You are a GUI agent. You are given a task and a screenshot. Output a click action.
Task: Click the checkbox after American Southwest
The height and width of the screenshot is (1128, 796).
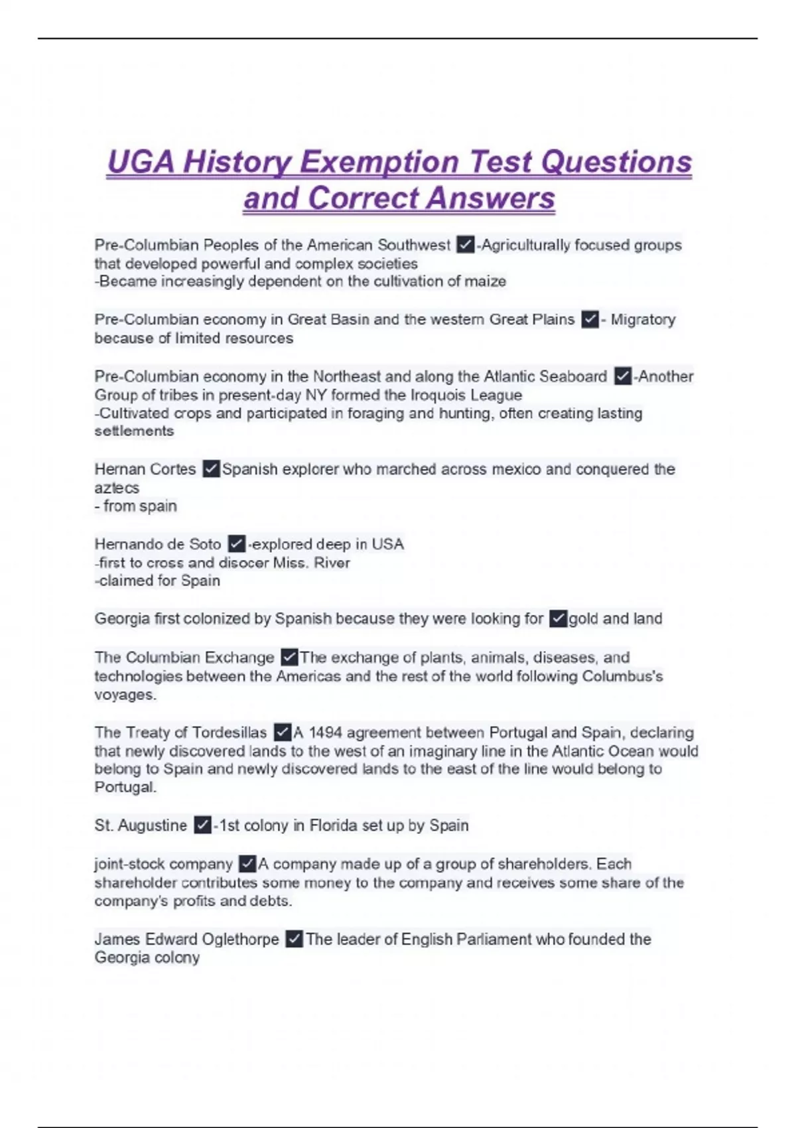[x=465, y=245]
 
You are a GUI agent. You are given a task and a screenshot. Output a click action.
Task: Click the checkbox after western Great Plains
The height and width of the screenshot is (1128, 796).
[x=590, y=320]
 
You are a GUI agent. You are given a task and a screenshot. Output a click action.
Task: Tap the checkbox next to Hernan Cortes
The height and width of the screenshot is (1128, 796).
[x=211, y=469]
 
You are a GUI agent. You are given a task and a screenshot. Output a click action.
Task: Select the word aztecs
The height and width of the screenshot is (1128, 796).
[x=117, y=488]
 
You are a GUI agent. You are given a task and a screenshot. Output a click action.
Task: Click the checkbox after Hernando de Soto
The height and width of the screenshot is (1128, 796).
[x=236, y=544]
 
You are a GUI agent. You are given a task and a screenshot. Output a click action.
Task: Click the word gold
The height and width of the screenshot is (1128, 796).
[x=583, y=619]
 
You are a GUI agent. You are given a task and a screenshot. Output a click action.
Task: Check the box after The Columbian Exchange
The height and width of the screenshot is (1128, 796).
[x=289, y=658]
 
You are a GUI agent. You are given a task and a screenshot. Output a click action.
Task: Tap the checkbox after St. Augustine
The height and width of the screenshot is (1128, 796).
[x=202, y=825]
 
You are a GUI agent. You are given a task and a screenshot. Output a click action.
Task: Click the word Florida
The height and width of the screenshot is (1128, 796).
[x=335, y=825]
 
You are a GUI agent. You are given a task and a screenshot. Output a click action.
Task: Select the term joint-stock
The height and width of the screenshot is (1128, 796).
[x=130, y=864]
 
